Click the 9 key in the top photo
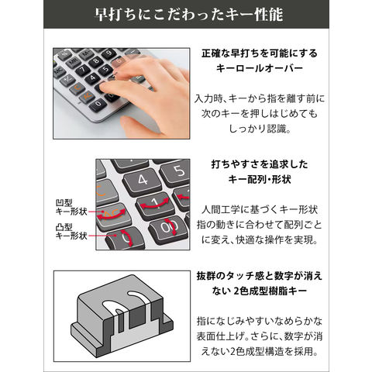[108, 53]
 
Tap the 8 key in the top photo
[96, 61]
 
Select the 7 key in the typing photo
[83, 70]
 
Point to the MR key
[73, 62]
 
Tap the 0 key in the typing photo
[98, 105]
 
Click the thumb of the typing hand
[145, 126]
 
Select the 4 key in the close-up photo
[143, 181]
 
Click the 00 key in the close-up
[168, 229]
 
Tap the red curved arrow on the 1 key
[154, 204]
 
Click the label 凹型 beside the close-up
[64, 203]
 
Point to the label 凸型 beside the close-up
[64, 227]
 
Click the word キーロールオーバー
[259, 68]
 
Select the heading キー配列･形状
[260, 179]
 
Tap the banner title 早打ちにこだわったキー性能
[189, 15]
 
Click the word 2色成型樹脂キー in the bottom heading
[270, 291]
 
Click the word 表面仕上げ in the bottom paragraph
[220, 336]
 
